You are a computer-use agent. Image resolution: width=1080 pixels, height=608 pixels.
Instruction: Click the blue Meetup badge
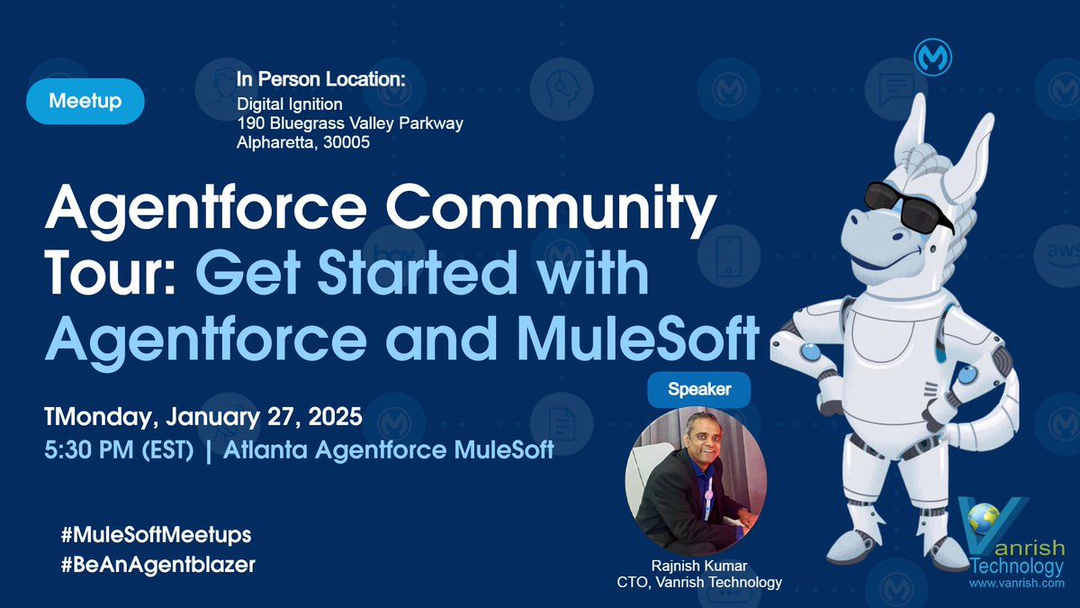tap(85, 101)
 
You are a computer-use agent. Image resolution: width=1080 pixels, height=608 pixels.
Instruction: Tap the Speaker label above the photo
tap(699, 390)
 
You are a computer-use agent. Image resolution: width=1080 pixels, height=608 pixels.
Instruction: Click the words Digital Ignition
tap(283, 105)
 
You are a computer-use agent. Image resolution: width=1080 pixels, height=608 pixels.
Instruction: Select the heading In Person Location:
tap(321, 80)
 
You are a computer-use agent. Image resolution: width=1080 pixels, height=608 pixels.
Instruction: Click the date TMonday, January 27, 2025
tap(203, 418)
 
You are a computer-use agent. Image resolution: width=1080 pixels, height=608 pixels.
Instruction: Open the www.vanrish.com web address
tap(1016, 585)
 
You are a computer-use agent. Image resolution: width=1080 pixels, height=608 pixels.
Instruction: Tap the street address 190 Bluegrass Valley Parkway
tap(350, 124)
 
